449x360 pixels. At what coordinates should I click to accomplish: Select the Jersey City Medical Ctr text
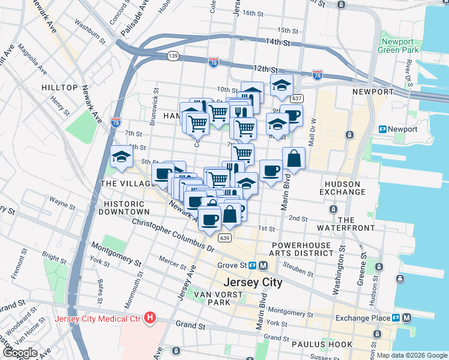pos(98,318)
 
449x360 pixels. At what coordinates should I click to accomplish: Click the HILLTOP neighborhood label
pos(59,88)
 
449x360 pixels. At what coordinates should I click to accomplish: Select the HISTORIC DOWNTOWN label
pos(125,208)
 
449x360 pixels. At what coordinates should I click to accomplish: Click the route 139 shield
pos(172,56)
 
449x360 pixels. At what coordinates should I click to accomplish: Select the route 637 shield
pos(297,98)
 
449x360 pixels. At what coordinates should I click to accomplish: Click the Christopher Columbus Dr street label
pos(173,235)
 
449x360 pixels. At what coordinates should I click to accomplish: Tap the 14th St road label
pos(279,43)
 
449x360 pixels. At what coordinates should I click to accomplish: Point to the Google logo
pos(20,352)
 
